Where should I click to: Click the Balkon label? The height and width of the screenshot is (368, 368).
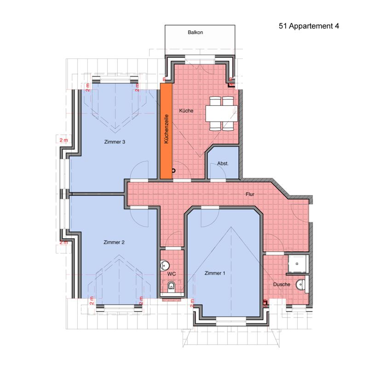[195, 32]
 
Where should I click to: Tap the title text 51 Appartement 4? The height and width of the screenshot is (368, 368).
[309, 26]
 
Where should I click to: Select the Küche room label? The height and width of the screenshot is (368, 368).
[186, 110]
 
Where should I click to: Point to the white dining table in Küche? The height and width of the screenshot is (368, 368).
[221, 114]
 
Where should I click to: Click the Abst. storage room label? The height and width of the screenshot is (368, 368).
[223, 163]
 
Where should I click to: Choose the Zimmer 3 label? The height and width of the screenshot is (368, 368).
[115, 142]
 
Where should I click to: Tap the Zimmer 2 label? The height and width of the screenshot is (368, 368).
[114, 242]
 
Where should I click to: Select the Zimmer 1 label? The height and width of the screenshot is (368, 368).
[215, 273]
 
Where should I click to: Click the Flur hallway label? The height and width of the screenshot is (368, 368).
[250, 194]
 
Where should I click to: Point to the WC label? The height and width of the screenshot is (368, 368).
[172, 274]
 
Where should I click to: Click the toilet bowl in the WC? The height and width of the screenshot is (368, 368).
[172, 286]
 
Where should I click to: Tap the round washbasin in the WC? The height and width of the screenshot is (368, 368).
[165, 265]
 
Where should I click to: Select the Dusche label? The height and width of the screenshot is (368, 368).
[282, 284]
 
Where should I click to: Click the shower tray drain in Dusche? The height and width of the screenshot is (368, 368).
[297, 264]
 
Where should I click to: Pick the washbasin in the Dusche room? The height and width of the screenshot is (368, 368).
[300, 284]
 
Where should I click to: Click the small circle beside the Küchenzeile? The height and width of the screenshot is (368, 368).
[173, 171]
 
